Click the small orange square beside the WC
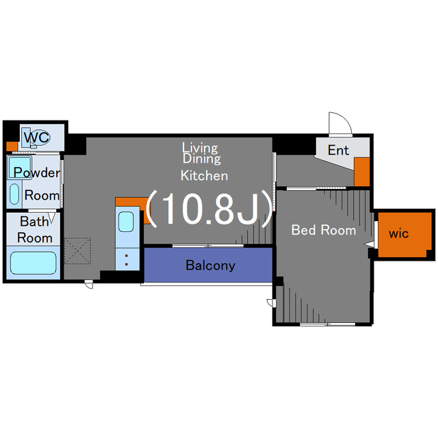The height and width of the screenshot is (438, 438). tap(11, 146)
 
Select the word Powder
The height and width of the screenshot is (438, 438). tap(36, 172)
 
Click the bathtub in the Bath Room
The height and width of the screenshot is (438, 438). tap(34, 263)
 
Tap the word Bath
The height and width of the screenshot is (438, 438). tap(34, 222)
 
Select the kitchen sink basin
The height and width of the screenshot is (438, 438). tap(126, 222)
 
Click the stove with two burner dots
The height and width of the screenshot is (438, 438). tap(126, 259)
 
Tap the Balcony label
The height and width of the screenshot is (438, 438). tap(210, 266)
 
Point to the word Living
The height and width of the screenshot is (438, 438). tap(200, 147)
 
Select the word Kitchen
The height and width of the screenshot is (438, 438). tap(204, 175)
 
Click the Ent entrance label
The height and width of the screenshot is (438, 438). tap(338, 151)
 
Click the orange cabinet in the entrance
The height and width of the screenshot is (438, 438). tap(362, 172)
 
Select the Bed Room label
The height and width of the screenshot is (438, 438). tap(324, 230)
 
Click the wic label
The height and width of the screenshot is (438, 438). tap(398, 233)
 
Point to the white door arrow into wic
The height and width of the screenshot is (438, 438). tap(370, 243)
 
